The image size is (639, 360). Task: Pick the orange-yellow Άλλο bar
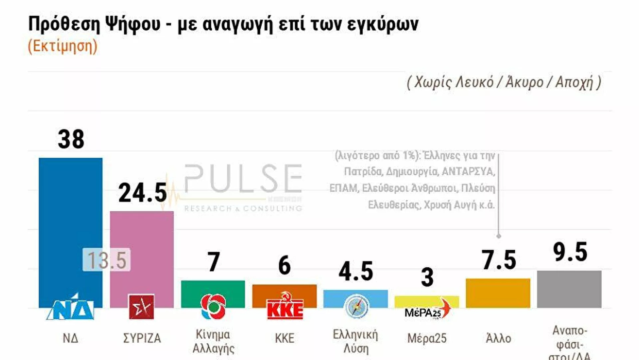coord(498,293)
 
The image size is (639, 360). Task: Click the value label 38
coord(71,139)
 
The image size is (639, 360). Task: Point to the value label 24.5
coord(142,193)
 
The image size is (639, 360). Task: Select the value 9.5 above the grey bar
coord(570,252)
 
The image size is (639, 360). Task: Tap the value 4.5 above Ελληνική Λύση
coord(356,271)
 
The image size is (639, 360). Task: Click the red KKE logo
coord(285,307)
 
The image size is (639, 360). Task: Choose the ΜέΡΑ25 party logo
coord(427,310)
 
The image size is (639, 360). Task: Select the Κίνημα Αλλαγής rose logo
coord(213,306)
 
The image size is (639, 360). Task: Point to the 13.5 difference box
coord(106,260)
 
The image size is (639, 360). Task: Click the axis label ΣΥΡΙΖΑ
coord(142,338)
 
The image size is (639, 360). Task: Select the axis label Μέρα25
coord(427,338)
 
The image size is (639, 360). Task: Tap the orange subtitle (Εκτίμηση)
coord(63,46)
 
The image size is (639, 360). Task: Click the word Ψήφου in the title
coord(133,24)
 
